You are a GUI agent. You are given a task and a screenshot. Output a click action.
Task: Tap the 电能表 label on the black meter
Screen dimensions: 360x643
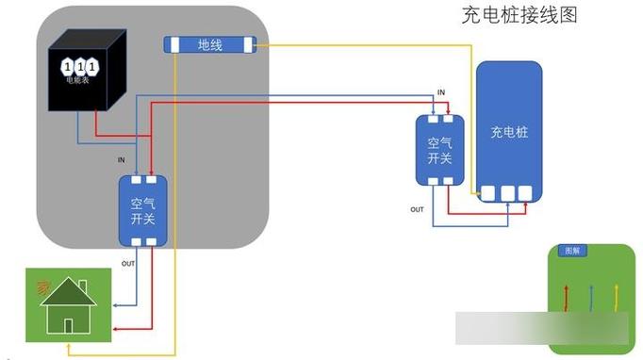pyautogui.click(x=78, y=81)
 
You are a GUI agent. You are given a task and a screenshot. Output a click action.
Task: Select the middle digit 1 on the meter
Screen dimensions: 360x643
pyautogui.click(x=79, y=66)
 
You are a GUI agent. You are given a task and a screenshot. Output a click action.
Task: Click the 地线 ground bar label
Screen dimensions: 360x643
pyautogui.click(x=209, y=44)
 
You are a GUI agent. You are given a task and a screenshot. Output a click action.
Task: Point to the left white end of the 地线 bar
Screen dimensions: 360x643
pyautogui.click(x=173, y=44)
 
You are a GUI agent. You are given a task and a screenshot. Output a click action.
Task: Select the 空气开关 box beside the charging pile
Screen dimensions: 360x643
pyautogui.click(x=439, y=150)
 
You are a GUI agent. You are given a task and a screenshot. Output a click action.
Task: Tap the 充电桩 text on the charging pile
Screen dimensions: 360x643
pyautogui.click(x=509, y=132)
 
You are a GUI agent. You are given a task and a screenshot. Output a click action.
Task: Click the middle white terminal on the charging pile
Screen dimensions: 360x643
pyautogui.click(x=508, y=194)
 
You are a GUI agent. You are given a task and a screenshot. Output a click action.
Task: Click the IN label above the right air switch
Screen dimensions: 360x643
pyautogui.click(x=441, y=91)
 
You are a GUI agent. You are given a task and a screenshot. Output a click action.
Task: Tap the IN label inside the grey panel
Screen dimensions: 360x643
pyautogui.click(x=121, y=160)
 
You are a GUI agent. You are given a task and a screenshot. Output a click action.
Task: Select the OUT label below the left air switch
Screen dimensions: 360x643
pyautogui.click(x=128, y=263)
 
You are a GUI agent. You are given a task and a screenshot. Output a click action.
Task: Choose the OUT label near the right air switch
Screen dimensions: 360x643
pyautogui.click(x=416, y=208)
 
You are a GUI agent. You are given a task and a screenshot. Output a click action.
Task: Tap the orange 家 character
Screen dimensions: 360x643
pyautogui.click(x=41, y=286)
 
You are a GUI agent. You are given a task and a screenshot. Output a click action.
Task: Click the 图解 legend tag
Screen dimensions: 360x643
pyautogui.click(x=572, y=252)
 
